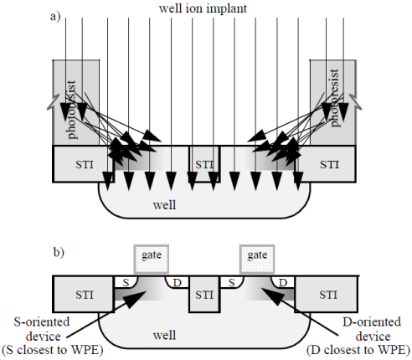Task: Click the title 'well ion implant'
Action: [x=203, y=8]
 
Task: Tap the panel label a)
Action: [x=55, y=17]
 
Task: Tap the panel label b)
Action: [x=59, y=252]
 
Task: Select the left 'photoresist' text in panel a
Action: [x=71, y=110]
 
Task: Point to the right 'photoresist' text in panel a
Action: [x=334, y=98]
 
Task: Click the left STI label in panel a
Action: [x=85, y=165]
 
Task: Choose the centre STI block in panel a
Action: [x=204, y=164]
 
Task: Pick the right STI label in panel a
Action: [x=329, y=165]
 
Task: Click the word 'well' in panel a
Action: [x=164, y=205]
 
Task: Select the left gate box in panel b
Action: [x=152, y=259]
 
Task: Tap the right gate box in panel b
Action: [x=257, y=259]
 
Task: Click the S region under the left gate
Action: [x=126, y=282]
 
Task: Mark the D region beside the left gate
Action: [x=177, y=282]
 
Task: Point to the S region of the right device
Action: [x=231, y=282]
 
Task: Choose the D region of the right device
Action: [x=283, y=282]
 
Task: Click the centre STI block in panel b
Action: [x=204, y=294]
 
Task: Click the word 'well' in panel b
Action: [x=164, y=335]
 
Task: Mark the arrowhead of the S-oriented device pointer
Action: [x=136, y=299]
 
